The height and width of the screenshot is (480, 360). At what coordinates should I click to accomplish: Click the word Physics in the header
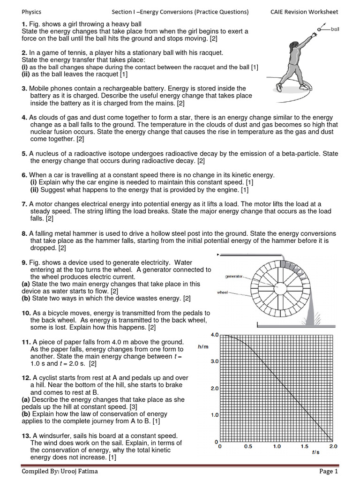[x=32, y=12]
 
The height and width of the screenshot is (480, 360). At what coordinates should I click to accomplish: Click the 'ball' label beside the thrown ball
[x=335, y=29]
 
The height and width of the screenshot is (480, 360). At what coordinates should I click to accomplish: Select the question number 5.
[x=24, y=154]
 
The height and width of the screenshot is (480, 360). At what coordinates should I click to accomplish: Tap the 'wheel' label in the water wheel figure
[x=223, y=292]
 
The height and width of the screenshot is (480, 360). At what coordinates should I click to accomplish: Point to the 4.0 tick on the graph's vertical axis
[x=215, y=335]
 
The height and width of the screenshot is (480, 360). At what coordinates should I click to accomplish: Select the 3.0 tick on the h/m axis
[x=215, y=362]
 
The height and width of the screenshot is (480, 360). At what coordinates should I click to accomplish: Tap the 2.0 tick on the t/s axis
[x=332, y=447]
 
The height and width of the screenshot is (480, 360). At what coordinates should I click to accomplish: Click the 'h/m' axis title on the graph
[x=203, y=347]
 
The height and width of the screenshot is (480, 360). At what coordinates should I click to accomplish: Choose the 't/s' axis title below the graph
[x=316, y=452]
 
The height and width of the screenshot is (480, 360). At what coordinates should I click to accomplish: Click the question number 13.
[x=26, y=435]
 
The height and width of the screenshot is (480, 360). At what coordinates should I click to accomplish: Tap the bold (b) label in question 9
[x=26, y=298]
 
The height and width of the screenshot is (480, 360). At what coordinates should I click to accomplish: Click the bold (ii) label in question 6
[x=34, y=190]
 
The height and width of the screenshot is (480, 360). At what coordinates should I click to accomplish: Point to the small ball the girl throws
[x=320, y=30]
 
